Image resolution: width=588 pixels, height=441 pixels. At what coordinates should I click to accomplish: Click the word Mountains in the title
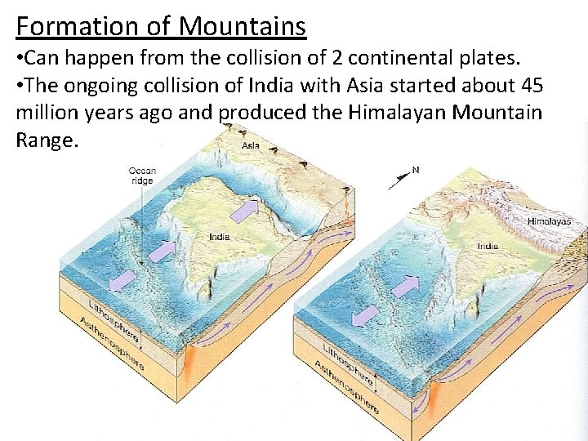pos(243,26)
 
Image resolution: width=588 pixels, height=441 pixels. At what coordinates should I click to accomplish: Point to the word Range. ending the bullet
pos(47,140)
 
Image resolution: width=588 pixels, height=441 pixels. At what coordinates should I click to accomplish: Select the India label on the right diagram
pos(488,245)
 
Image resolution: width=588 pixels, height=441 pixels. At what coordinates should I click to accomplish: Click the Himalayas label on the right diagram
pos(549,221)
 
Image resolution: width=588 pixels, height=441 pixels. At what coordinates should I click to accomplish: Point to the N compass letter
pos(416,171)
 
